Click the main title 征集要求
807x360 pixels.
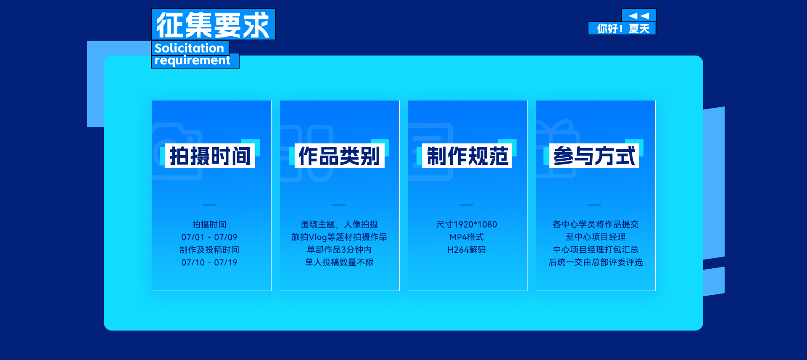213,25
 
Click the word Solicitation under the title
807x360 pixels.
189,48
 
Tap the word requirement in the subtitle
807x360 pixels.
193,61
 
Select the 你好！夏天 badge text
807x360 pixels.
623,29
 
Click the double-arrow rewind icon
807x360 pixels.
639,16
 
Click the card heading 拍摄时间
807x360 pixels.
210,156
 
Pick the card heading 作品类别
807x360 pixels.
339,156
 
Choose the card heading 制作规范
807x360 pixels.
467,156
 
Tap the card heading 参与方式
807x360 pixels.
594,156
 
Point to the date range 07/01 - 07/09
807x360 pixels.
209,237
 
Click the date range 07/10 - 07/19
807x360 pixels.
209,262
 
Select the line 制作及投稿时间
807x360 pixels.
209,250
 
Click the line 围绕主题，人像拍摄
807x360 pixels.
339,225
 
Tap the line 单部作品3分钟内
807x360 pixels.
339,250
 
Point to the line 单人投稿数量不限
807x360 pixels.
339,262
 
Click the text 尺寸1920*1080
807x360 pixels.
467,225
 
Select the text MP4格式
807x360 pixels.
467,237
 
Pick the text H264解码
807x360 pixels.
467,250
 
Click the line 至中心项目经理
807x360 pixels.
596,237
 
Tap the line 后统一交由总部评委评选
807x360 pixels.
596,262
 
